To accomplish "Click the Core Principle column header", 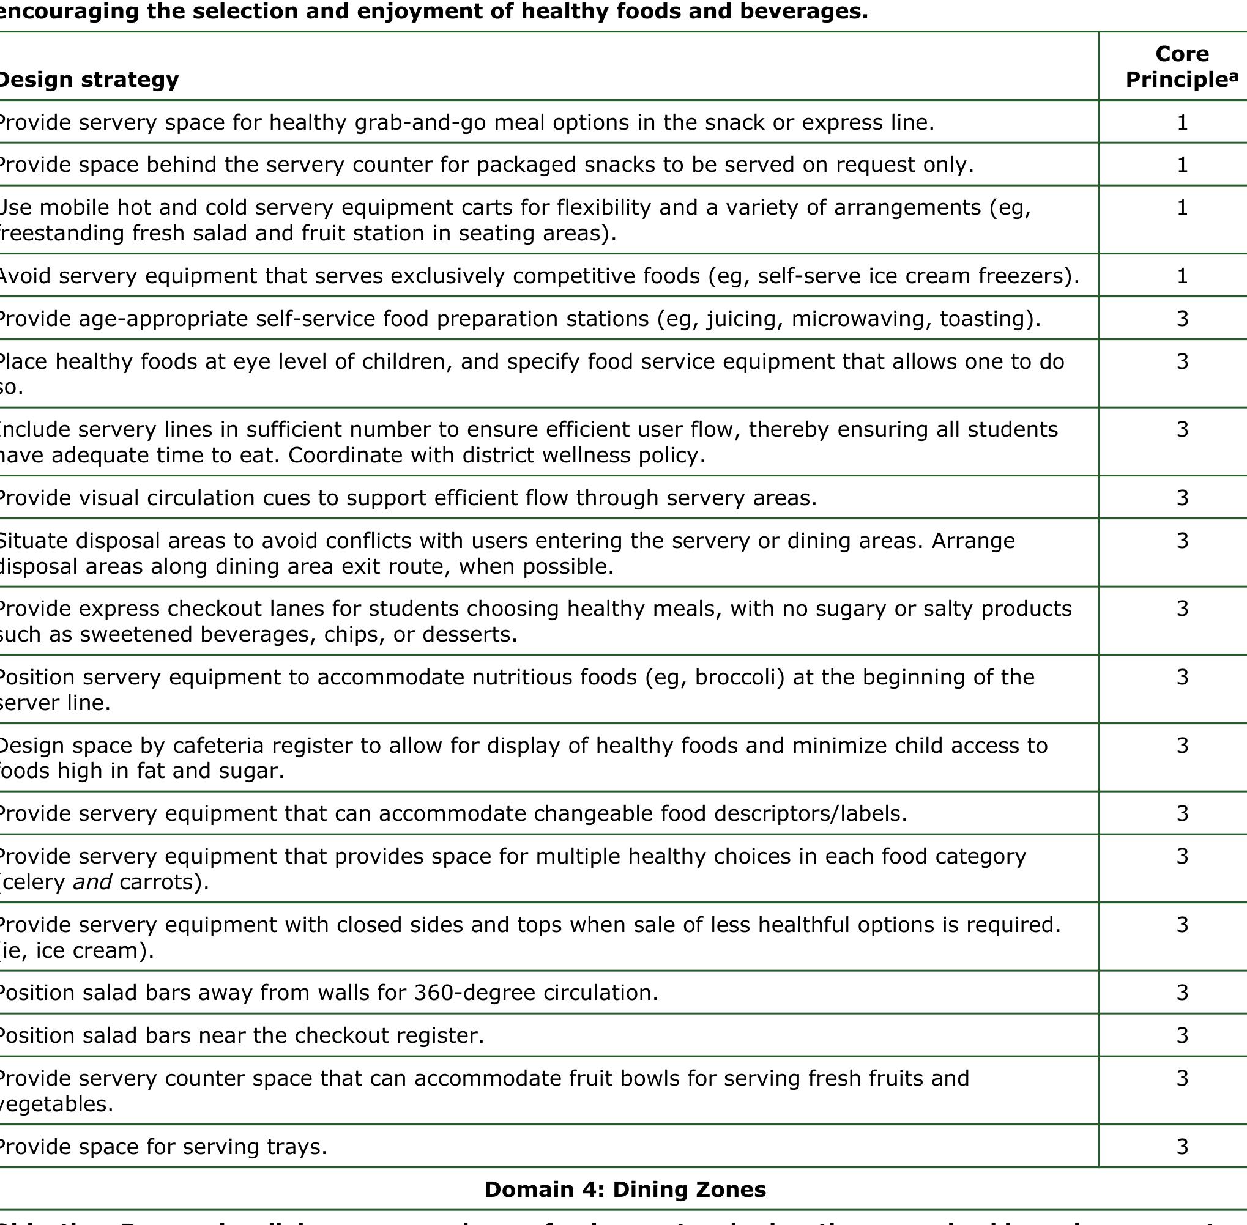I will coord(1182,66).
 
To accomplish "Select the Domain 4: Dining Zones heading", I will coord(625,1190).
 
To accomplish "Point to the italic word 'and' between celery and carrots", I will coord(92,881).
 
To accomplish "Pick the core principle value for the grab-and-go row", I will coord(1182,122).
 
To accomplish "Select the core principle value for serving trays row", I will coord(1182,1147).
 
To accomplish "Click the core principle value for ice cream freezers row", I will coord(1182,276).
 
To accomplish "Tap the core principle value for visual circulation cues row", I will coord(1182,498).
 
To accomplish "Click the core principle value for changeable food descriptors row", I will coord(1182,813).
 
